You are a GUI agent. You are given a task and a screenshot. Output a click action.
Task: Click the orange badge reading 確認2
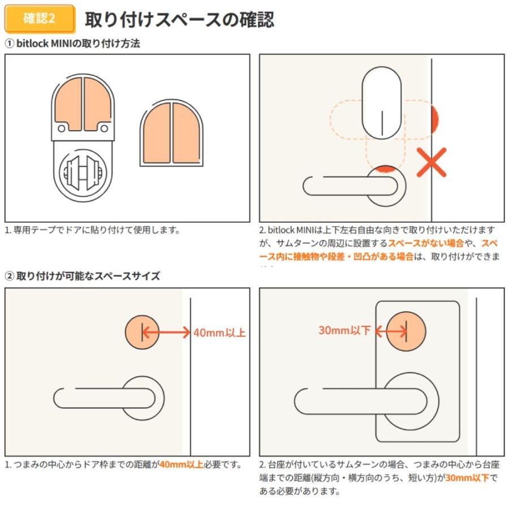coord(40,19)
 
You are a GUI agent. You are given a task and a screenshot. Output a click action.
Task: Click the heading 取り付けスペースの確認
coord(179,19)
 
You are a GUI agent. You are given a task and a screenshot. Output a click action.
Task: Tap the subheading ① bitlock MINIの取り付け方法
coord(72,44)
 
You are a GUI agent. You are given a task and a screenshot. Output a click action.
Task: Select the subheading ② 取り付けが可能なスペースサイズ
coord(83,276)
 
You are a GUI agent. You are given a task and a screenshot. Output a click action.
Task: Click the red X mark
coord(432,162)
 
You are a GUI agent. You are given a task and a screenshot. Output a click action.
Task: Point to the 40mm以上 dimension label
coord(219,333)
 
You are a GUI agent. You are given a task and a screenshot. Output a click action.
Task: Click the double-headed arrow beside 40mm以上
coord(166,333)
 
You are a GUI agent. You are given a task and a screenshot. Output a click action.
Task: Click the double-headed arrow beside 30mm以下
coord(390,330)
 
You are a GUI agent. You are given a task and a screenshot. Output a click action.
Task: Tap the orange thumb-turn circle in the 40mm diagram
coord(141,333)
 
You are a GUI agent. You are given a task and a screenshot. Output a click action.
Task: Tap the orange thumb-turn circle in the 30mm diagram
coord(406,330)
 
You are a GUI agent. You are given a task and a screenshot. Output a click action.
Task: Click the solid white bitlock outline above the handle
coord(382,103)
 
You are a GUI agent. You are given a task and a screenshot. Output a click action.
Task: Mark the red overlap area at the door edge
coord(434,119)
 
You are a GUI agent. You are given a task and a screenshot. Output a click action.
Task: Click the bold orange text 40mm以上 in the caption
coord(181,465)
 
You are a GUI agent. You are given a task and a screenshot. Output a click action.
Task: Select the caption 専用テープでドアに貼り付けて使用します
coord(92,230)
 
